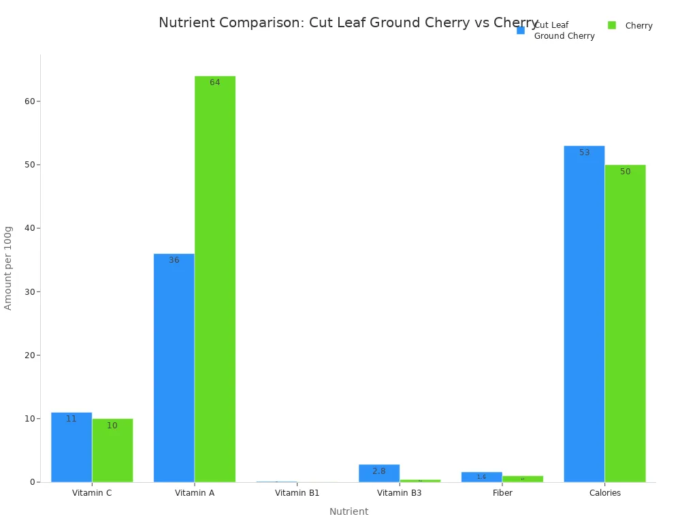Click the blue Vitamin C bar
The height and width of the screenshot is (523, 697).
71,447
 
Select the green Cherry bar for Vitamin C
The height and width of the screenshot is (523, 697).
112,450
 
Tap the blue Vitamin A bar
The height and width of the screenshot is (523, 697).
174,368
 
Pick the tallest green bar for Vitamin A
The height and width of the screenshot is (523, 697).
215,279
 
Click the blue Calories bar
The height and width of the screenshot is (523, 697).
584,314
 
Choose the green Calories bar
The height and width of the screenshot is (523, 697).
625,323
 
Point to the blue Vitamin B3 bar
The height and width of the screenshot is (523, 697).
379,473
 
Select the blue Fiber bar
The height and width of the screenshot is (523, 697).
482,477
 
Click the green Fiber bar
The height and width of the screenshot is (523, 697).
523,479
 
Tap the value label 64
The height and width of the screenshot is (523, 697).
215,82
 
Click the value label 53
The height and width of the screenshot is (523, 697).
584,153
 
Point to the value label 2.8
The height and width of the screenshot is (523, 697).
379,471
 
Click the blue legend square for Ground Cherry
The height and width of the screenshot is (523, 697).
521,30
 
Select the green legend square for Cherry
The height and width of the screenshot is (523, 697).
612,25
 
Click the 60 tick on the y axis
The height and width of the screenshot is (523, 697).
30,101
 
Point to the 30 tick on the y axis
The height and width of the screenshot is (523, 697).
30,291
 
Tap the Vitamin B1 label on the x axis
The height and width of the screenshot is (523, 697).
297,493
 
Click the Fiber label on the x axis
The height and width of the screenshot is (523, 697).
502,493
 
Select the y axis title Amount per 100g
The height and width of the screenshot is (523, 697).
8,268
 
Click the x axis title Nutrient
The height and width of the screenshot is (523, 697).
348,511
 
